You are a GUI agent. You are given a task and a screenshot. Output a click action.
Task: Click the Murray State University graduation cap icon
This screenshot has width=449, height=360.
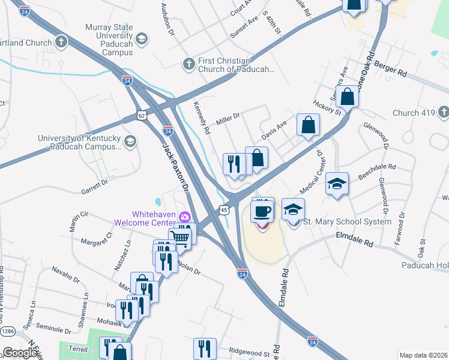[x=141, y=40]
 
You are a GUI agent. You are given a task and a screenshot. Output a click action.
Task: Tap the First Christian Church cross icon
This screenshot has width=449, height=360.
[x=188, y=63]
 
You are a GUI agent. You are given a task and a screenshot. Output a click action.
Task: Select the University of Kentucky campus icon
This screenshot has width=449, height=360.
[x=130, y=142]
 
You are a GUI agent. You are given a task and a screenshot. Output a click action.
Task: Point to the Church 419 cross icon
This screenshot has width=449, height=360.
[x=443, y=112]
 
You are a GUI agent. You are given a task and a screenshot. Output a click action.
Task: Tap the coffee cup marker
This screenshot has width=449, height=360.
[x=262, y=211]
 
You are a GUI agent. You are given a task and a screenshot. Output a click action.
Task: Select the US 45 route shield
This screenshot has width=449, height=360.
[x=223, y=209]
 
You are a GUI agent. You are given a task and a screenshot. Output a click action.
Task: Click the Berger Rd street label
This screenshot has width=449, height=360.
[x=390, y=67]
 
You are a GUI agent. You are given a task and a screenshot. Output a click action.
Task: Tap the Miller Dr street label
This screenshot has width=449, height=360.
[x=228, y=116]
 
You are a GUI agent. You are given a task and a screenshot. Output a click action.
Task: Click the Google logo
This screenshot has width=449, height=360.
[x=20, y=352]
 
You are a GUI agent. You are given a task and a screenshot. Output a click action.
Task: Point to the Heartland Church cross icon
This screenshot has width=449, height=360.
[x=61, y=42]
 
